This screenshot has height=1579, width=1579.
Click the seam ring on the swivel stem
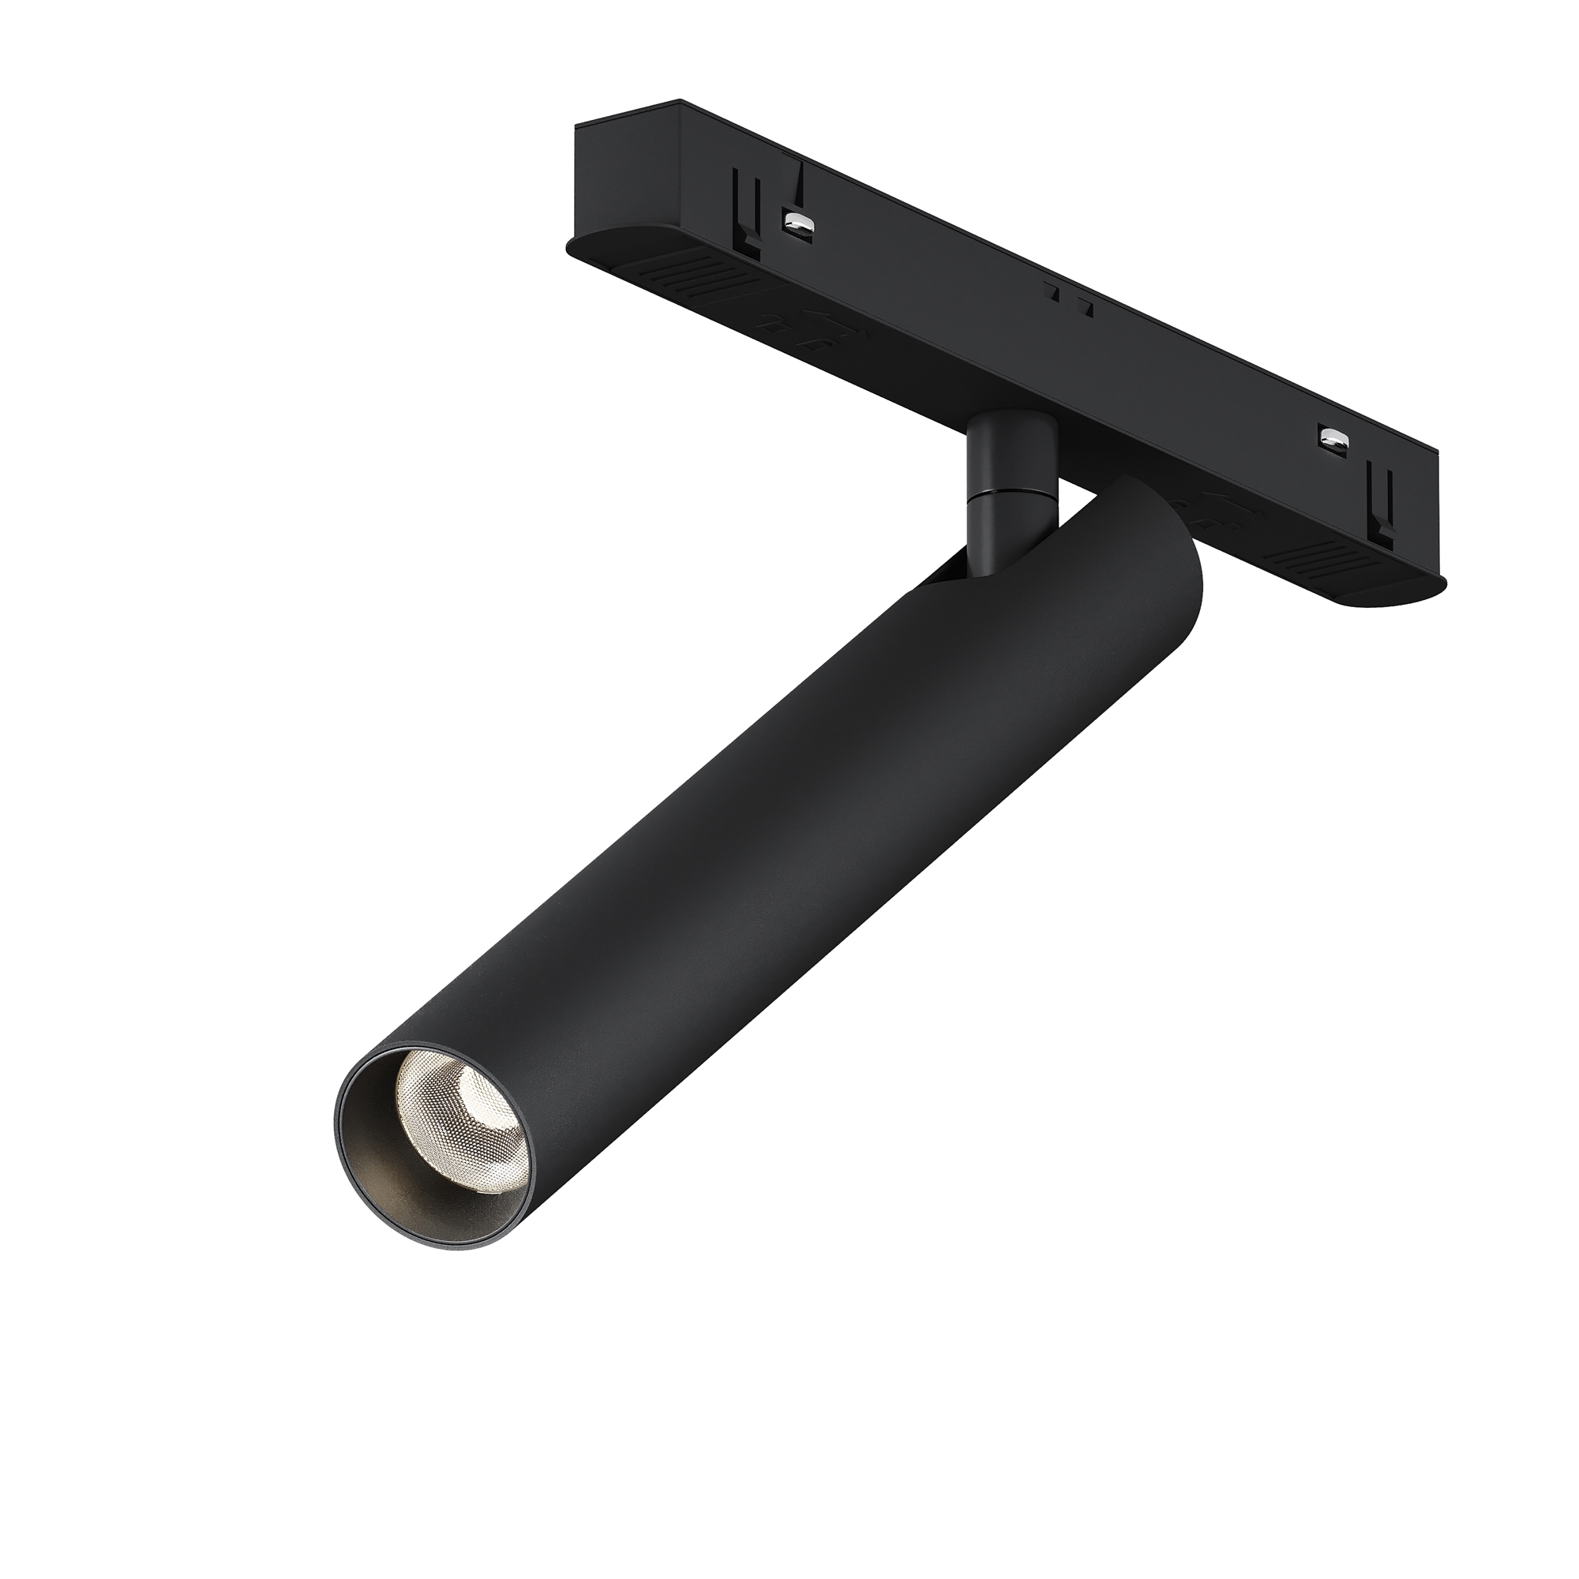coord(1011,493)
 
